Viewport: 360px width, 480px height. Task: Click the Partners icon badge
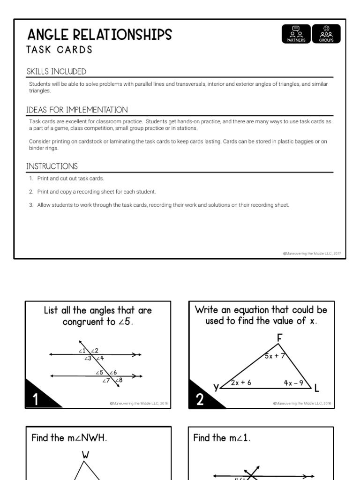click(296, 34)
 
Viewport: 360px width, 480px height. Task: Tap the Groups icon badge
click(326, 34)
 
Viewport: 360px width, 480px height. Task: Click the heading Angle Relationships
click(100, 35)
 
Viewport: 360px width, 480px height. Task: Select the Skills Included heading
click(56, 72)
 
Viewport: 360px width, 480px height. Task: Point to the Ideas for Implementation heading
click(77, 110)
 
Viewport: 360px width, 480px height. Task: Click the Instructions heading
click(52, 166)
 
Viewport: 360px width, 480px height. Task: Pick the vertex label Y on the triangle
click(216, 387)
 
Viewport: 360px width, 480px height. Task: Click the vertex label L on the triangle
click(317, 388)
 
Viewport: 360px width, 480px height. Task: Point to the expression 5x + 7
click(275, 356)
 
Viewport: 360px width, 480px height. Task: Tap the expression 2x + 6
click(241, 382)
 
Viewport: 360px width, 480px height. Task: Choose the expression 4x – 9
click(294, 382)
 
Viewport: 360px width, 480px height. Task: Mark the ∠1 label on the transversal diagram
click(82, 351)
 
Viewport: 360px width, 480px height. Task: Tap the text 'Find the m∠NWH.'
click(69, 438)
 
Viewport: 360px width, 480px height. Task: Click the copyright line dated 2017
click(312, 254)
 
